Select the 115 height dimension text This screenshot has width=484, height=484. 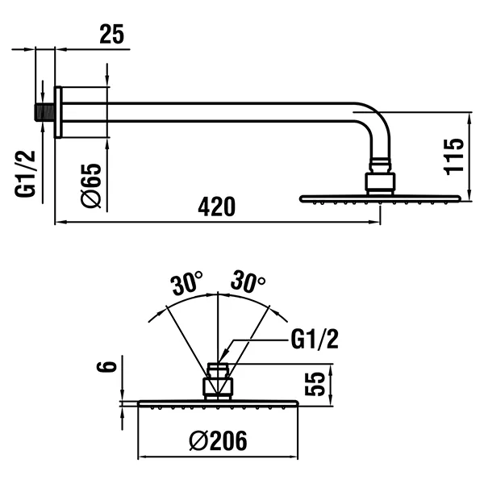[x=453, y=156]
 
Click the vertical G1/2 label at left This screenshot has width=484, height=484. [x=27, y=173]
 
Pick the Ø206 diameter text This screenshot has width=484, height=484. [x=218, y=440]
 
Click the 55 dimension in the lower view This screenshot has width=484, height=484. [x=315, y=382]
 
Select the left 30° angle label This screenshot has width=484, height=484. [x=186, y=284]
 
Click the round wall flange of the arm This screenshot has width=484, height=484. [x=58, y=111]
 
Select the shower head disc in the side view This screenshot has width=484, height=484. [x=379, y=198]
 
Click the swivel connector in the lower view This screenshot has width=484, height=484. [x=218, y=381]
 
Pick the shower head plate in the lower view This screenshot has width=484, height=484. [x=218, y=403]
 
